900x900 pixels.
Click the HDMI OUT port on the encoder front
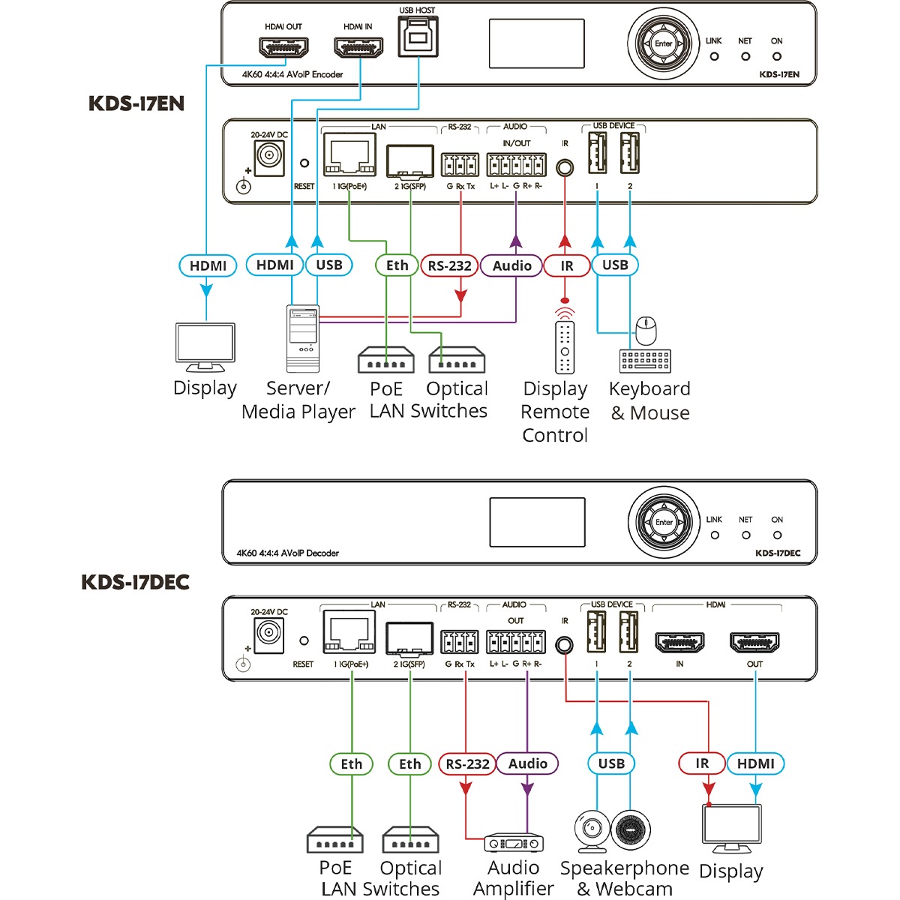click(283, 49)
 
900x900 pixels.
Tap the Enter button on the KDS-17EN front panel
click(664, 43)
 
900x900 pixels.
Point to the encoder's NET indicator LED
click(745, 56)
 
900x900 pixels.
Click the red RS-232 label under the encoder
click(449, 265)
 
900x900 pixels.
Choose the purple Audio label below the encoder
click(512, 265)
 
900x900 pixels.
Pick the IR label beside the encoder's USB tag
click(566, 265)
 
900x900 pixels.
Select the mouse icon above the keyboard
click(646, 328)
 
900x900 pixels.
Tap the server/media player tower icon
click(303, 338)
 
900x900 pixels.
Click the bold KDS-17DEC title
click(135, 582)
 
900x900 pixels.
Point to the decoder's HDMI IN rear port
click(679, 643)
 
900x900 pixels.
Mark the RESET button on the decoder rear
click(304, 641)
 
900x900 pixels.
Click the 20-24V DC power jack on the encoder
click(268, 157)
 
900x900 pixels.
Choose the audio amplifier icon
click(514, 843)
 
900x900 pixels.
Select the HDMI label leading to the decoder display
click(755, 763)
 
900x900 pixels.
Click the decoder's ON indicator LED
click(777, 535)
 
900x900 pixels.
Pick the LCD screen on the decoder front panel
click(537, 522)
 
